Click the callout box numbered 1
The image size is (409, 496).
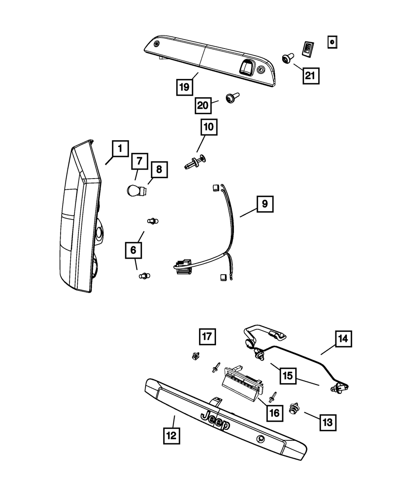(120, 150)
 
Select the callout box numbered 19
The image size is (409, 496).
(185, 87)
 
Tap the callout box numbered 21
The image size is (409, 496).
(310, 75)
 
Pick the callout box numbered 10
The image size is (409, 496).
(209, 127)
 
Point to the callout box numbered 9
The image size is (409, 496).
(265, 204)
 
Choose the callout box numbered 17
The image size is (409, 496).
(207, 337)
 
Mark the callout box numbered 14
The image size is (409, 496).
(344, 338)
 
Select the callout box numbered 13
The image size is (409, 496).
(328, 422)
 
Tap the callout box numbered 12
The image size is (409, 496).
(171, 436)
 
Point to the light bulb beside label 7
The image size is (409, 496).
(132, 190)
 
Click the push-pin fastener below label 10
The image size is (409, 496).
(196, 162)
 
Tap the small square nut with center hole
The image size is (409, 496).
(332, 42)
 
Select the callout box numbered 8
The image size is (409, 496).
(159, 169)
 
